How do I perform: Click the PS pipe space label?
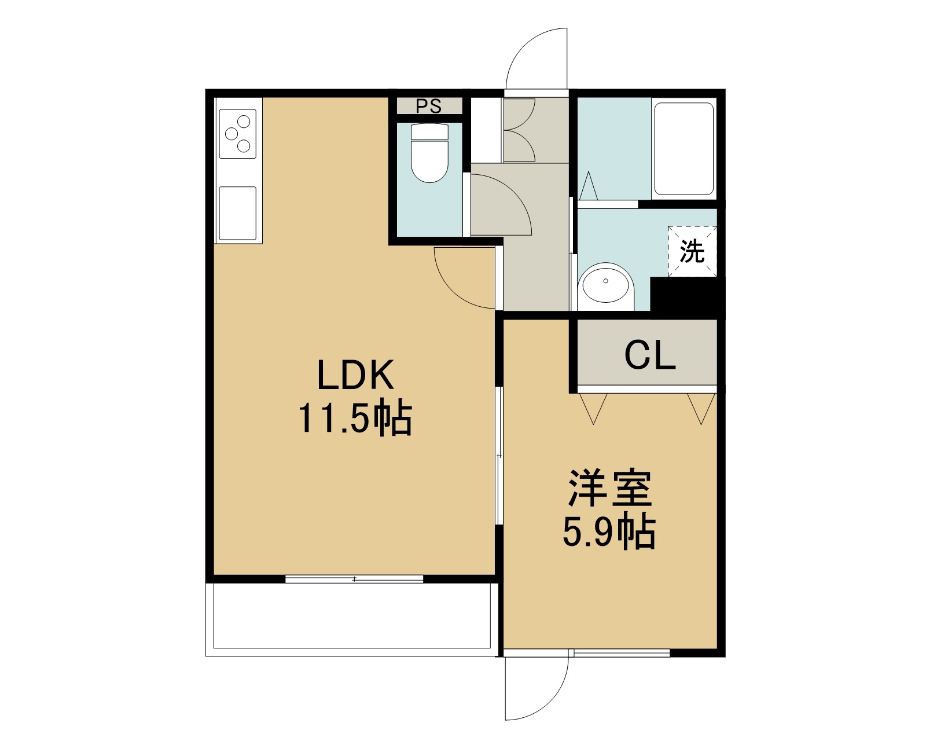[x=429, y=106]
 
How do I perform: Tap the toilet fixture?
[x=429, y=153]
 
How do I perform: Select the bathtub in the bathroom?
[x=684, y=149]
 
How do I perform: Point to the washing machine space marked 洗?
[x=692, y=251]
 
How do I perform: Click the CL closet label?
[x=650, y=355]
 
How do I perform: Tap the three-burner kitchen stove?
[x=237, y=134]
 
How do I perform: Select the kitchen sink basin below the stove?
[x=237, y=213]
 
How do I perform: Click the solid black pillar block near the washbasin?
[x=687, y=298]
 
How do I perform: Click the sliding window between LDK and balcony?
[x=354, y=579]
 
